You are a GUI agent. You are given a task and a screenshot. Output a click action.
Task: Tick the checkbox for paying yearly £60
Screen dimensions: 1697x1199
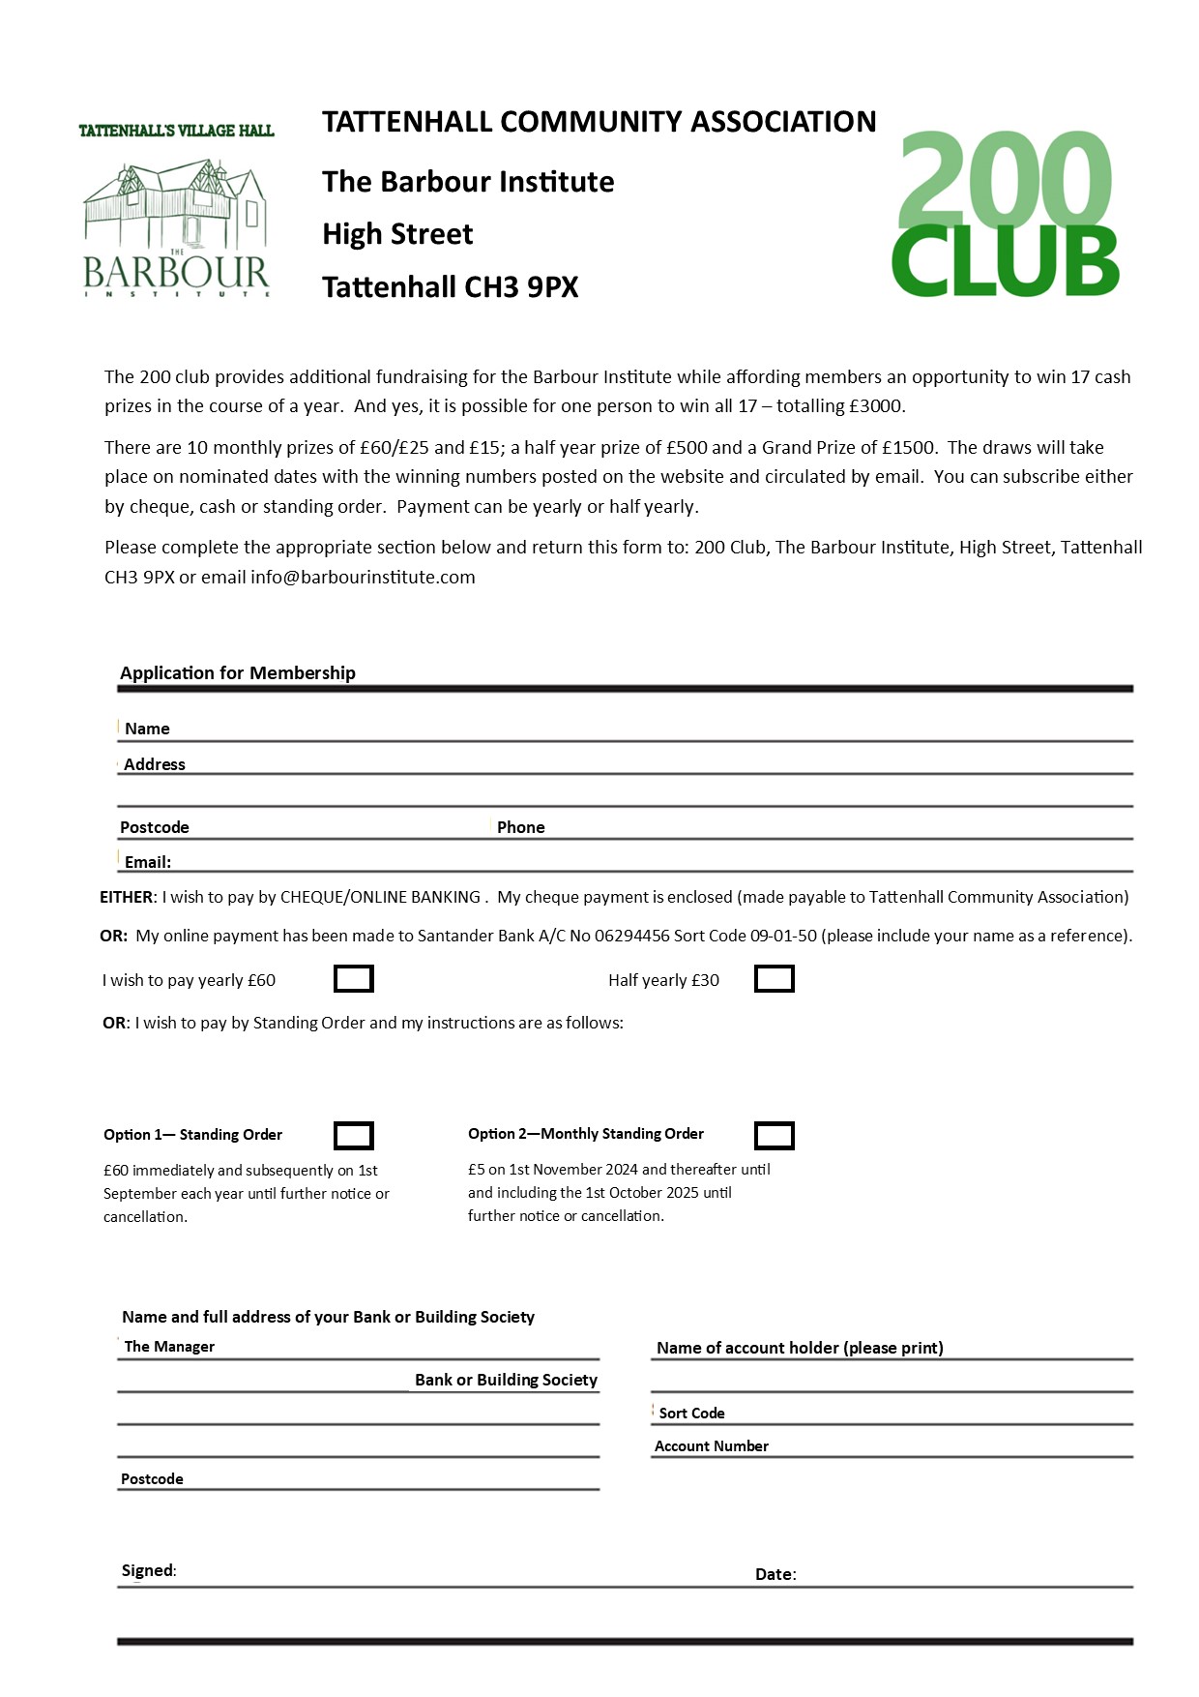tap(353, 979)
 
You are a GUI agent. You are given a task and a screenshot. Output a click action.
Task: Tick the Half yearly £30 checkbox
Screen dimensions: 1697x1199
tap(774, 979)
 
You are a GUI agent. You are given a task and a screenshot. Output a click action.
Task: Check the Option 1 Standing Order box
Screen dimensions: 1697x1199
tap(353, 1135)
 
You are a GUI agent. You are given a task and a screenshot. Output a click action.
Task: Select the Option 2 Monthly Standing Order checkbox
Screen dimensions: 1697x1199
tap(774, 1135)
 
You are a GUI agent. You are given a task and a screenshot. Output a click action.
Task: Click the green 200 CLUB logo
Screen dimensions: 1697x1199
tap(1005, 215)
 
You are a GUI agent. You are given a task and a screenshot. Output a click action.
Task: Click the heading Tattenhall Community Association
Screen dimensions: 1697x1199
tap(599, 122)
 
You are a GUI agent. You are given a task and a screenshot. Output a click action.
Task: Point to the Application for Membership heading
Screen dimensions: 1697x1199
tap(238, 672)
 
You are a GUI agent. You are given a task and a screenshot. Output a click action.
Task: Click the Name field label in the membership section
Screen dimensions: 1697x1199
tap(147, 729)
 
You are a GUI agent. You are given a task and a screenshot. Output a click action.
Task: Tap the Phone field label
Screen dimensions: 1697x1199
tap(520, 827)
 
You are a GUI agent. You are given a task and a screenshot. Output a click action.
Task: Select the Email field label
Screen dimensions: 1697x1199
tap(147, 862)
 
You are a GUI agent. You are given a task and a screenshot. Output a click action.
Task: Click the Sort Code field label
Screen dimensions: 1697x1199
tap(691, 1413)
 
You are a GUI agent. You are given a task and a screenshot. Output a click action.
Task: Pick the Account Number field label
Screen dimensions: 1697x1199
tap(711, 1445)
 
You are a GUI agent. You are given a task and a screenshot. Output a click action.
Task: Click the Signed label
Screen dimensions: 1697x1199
tap(148, 1570)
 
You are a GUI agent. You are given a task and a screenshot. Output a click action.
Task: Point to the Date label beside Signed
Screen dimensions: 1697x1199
tap(775, 1574)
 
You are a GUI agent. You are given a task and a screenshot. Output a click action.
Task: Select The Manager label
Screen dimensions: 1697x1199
tap(169, 1346)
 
